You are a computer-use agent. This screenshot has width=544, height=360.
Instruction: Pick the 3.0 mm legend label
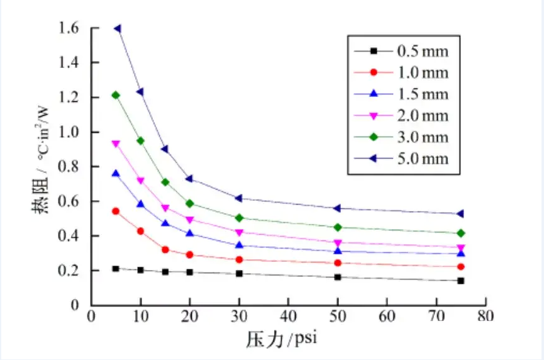tap(423, 137)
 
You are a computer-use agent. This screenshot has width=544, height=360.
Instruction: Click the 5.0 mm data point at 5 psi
tap(118, 28)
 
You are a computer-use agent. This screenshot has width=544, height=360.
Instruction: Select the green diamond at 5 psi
tap(116, 95)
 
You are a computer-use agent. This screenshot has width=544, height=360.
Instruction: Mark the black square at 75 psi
tap(461, 281)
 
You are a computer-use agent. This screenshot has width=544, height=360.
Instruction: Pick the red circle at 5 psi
tap(116, 211)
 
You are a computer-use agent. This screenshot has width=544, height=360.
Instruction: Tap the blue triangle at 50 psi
tap(338, 251)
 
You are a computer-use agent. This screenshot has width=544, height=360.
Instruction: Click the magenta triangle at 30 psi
tap(239, 232)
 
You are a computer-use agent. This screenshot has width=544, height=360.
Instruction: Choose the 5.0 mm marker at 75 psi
tap(461, 214)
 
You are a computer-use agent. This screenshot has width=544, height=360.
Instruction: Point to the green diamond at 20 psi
tap(189, 203)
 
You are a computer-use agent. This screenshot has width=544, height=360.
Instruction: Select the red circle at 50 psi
tap(338, 263)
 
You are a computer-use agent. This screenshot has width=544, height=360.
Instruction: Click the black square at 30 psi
tap(239, 274)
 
